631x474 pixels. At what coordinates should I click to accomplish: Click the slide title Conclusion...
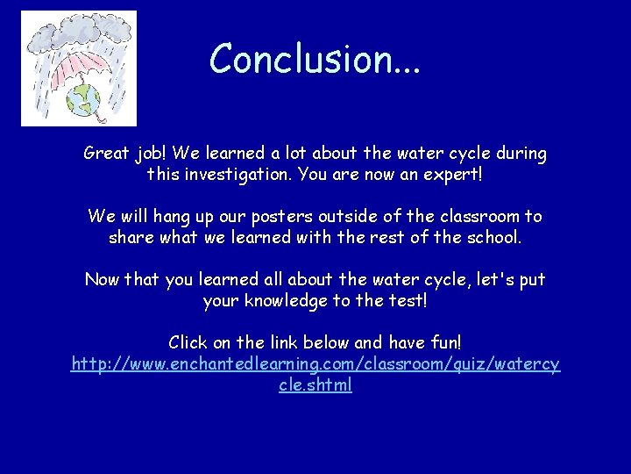[x=315, y=59]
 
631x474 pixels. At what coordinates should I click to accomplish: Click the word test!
[x=403, y=300]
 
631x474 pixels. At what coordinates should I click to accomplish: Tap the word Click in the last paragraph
[x=188, y=342]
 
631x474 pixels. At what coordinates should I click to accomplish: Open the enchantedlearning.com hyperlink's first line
[x=315, y=363]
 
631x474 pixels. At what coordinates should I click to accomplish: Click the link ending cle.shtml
[x=315, y=384]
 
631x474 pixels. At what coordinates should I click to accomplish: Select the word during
[x=520, y=154]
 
